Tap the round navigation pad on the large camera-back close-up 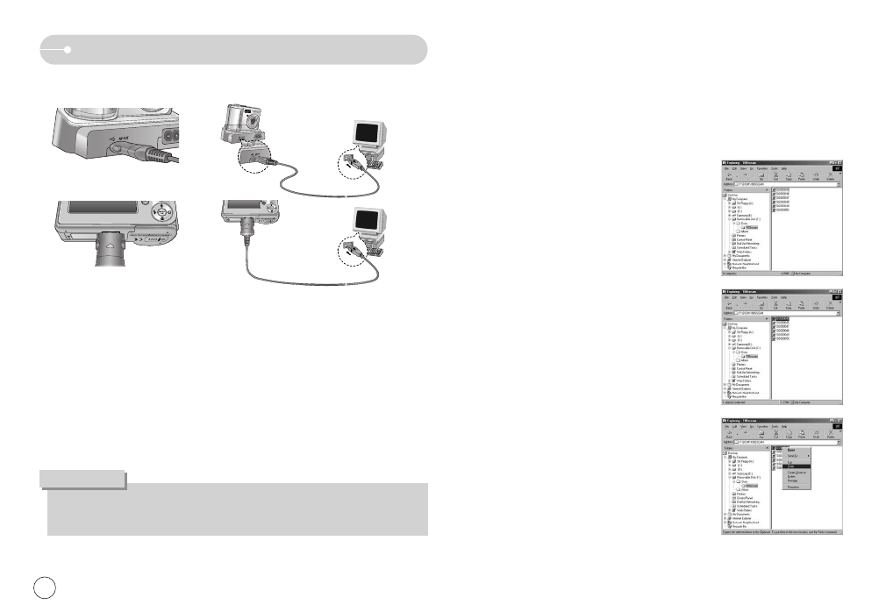[x=163, y=212]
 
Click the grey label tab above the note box [x=82, y=479]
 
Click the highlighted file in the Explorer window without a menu [x=782, y=318]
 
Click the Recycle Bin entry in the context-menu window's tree [x=736, y=525]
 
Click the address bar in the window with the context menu [x=782, y=441]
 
